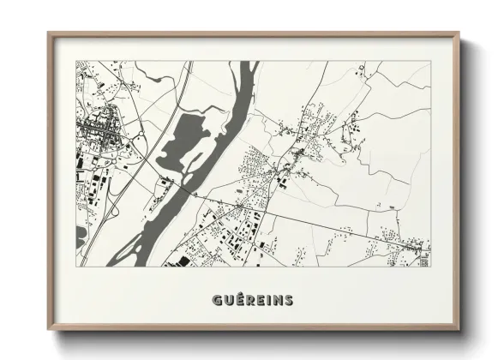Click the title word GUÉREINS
click(252, 300)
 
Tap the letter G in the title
click(214, 300)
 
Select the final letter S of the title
click(289, 300)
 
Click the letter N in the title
click(278, 300)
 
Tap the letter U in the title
click(225, 300)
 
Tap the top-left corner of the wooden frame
click(49, 33)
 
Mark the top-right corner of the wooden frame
click(459, 33)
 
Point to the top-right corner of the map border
click(430, 61)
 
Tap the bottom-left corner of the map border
click(76, 267)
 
